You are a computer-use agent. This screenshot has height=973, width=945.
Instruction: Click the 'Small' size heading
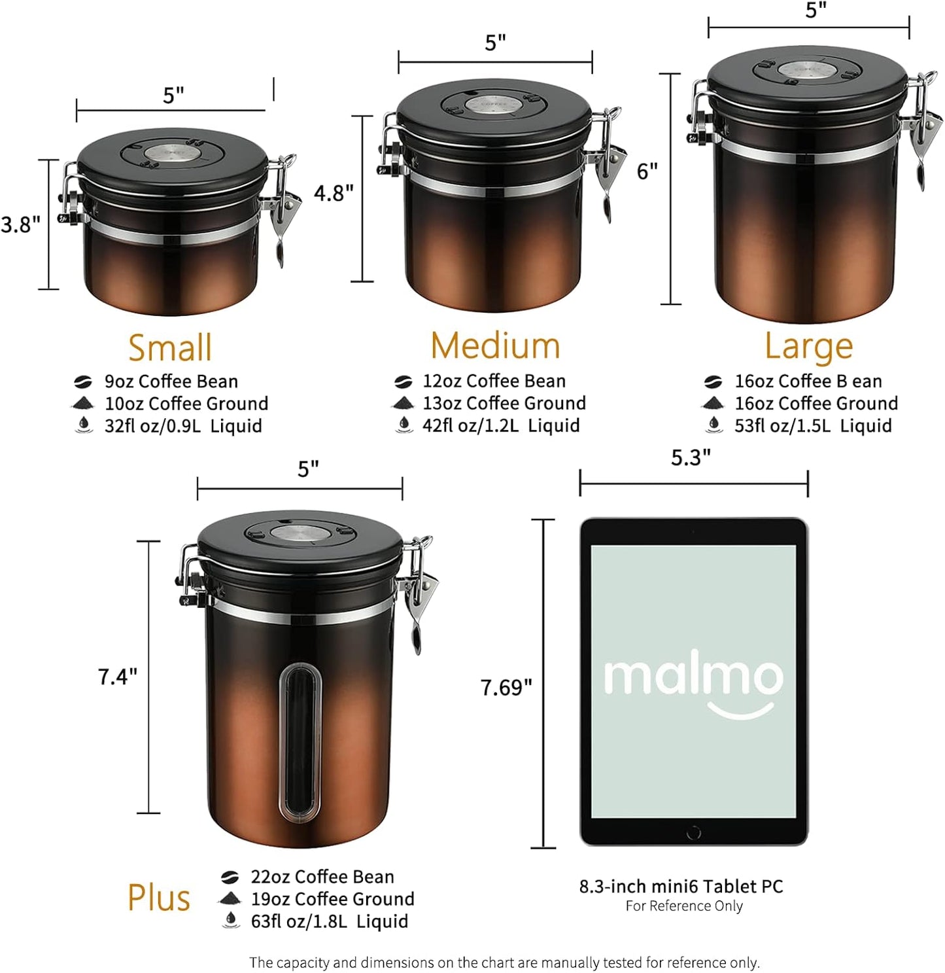point(170,347)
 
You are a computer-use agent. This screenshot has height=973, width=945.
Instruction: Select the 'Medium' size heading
point(495,345)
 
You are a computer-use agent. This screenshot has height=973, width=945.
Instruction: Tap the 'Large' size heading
point(809,346)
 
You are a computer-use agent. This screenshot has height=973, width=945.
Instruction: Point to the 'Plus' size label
point(159,898)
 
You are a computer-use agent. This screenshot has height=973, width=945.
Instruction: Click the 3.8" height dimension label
point(20,224)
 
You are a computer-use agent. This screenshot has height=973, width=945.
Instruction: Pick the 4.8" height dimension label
point(334,193)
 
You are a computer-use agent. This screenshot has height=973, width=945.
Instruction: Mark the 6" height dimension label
point(647,171)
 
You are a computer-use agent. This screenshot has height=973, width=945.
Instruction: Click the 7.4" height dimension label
point(118,677)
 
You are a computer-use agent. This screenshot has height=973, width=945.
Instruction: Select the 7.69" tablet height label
point(506,688)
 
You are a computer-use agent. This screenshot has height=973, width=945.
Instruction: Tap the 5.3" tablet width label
point(691,457)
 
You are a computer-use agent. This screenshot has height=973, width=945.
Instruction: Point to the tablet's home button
point(694,832)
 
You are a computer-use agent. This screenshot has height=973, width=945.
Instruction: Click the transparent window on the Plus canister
point(300,742)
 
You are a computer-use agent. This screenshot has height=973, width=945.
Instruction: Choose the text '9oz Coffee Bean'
point(171,381)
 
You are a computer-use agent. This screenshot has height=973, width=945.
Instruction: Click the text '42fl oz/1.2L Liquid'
point(501,426)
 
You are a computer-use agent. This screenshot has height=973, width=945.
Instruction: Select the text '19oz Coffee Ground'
point(332,899)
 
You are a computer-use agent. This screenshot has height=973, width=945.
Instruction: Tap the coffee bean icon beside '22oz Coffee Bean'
point(230,877)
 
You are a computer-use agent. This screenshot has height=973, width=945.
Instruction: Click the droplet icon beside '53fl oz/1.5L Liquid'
point(714,425)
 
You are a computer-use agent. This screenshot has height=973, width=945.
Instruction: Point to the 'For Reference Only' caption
point(684,906)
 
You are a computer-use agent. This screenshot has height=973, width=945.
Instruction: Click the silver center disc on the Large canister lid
point(807,69)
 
